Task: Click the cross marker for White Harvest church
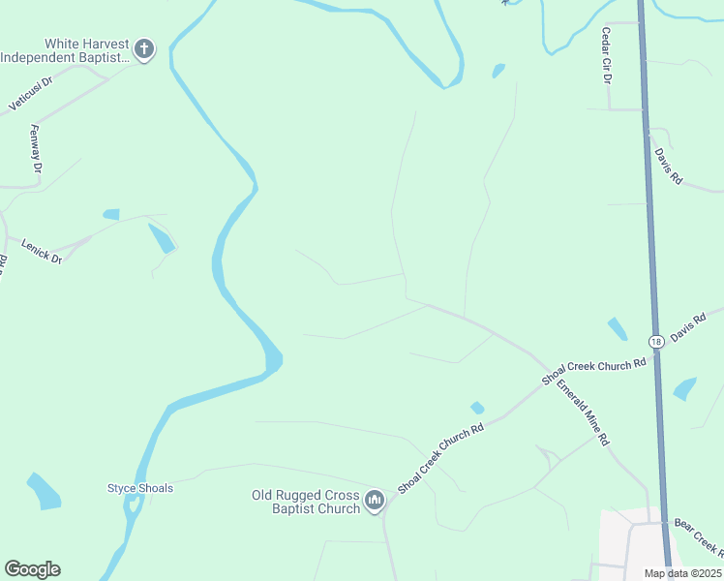coord(144,49)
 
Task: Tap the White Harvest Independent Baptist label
coord(66,50)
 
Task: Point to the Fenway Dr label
coord(37,149)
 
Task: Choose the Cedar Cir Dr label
coord(607,55)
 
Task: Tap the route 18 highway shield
coord(656,341)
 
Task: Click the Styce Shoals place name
coord(140,488)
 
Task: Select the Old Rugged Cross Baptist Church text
coord(306,502)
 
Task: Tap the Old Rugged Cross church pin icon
coord(375,502)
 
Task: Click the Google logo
coord(32,569)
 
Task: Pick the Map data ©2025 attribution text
coord(681,573)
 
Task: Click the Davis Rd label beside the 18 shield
coord(689,327)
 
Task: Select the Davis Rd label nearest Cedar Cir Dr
coord(668,166)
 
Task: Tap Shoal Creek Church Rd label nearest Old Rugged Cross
coord(440,458)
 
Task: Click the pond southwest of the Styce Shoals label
coord(44,491)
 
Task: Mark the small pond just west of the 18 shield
coord(617,328)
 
